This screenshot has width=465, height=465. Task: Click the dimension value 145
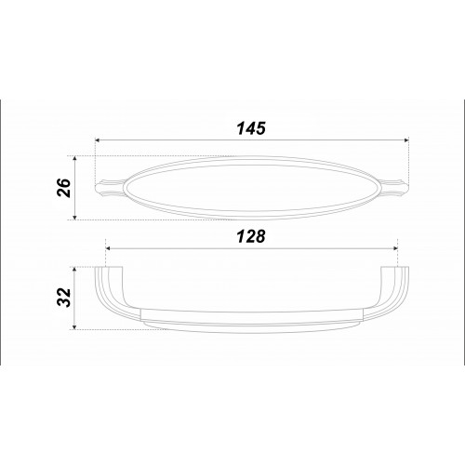coord(251,128)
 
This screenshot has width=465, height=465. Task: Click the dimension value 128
coord(251,236)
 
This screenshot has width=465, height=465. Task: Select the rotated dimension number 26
coord(64,188)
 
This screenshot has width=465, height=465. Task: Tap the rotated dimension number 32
coord(64,298)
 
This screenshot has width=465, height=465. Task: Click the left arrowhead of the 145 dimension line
coord(97,140)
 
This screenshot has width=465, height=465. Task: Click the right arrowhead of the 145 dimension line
coord(406,140)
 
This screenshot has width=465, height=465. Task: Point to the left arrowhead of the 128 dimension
coord(108,248)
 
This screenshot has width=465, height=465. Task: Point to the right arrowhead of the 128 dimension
coord(395,248)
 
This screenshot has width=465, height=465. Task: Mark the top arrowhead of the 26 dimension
coord(74,158)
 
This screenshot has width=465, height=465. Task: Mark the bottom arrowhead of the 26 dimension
coord(74,218)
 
